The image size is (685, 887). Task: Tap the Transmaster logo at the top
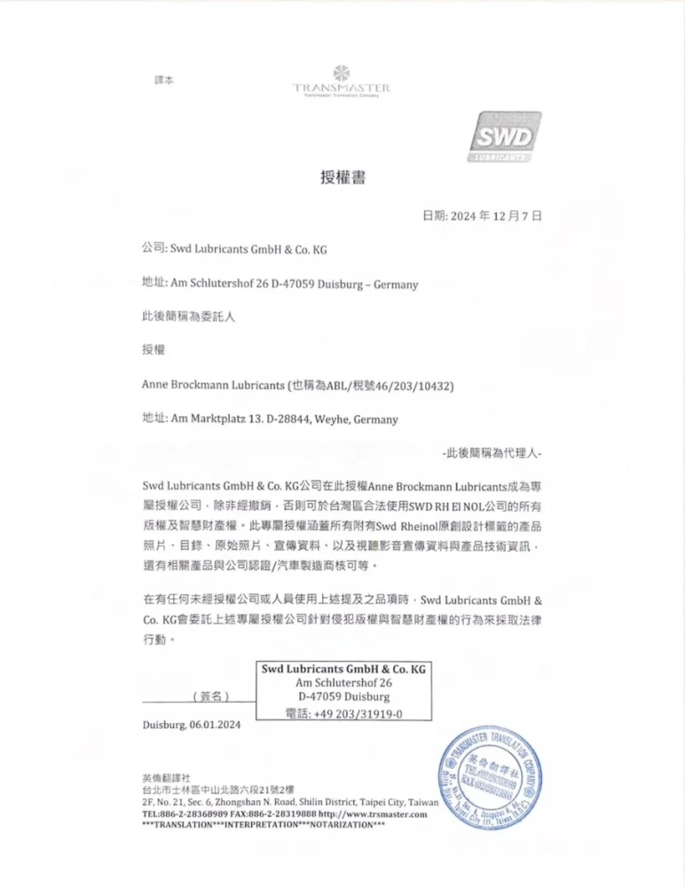pyautogui.click(x=342, y=82)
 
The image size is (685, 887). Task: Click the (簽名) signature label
pyautogui.click(x=211, y=696)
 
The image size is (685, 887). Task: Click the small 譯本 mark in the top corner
pyautogui.click(x=164, y=80)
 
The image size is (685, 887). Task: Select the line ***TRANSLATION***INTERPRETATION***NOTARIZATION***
pyautogui.click(x=264, y=825)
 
